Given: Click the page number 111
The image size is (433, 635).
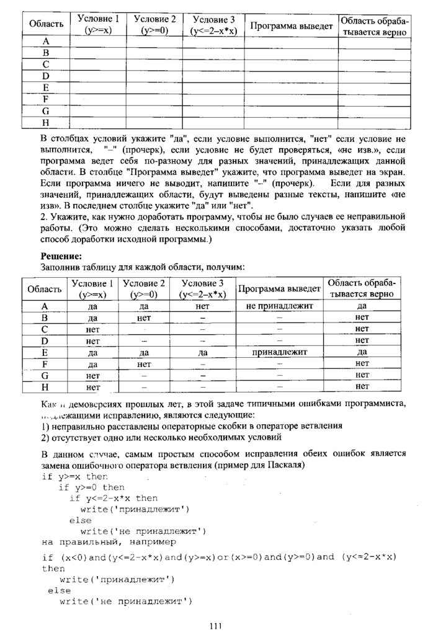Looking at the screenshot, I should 216,626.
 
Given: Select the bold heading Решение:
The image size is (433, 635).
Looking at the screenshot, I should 61,256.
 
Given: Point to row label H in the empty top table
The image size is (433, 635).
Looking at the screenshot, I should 46,123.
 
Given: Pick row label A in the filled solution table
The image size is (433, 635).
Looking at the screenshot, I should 45,306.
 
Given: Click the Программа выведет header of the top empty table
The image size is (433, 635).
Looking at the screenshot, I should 291,26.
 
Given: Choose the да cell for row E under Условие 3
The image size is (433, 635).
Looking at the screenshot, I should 202,352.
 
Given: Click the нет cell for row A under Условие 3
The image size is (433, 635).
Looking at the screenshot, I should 202,306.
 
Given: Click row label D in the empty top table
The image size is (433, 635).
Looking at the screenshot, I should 46,76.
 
